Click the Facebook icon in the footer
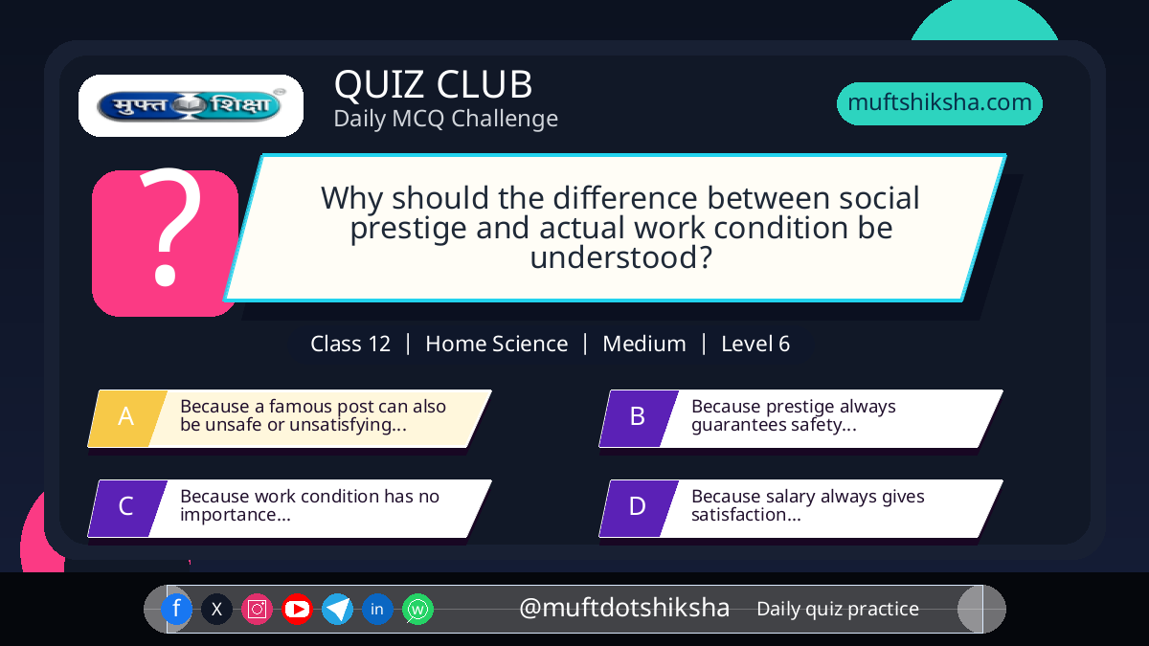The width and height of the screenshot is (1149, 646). [x=176, y=609]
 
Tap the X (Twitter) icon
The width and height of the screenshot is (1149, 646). [x=216, y=609]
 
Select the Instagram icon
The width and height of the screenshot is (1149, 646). [x=257, y=609]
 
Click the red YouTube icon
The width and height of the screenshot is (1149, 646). [x=297, y=609]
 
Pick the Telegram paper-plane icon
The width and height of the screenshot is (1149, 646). [x=337, y=609]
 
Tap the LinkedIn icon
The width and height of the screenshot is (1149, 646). [x=377, y=609]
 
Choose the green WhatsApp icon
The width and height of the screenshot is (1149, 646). [x=417, y=609]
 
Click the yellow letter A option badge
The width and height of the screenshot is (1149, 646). [x=127, y=418]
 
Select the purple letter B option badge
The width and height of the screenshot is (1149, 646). [x=639, y=418]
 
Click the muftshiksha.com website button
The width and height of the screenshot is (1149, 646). [x=939, y=103]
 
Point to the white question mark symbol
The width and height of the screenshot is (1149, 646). [x=170, y=226]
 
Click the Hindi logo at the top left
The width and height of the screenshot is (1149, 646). [x=191, y=105]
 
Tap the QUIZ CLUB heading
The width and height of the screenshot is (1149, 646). [x=434, y=84]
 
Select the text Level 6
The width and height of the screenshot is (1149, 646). [x=755, y=344]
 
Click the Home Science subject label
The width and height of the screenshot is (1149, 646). [x=497, y=344]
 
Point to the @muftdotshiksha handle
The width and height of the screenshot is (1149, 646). [x=624, y=608]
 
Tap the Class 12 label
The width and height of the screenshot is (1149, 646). [x=350, y=344]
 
